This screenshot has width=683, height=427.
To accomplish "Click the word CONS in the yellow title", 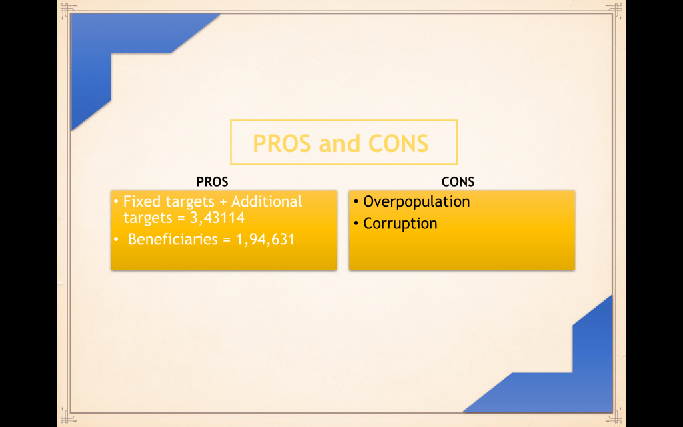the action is point(398,143).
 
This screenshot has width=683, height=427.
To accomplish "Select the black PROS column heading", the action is point(212,181).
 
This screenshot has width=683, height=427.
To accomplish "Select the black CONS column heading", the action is point(458,181).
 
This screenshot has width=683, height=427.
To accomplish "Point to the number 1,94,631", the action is point(265,240).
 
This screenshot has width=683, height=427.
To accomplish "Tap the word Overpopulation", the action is point(416,201).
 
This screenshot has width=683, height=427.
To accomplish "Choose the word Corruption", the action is point(400,224).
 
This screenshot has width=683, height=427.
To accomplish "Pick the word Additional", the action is point(267,201).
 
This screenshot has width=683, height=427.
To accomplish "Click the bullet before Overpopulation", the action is point(356,202).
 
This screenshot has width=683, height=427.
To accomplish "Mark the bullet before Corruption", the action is point(356,224).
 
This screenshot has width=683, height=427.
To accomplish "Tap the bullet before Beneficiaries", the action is point(116,240).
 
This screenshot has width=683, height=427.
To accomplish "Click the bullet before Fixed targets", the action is point(116,202).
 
